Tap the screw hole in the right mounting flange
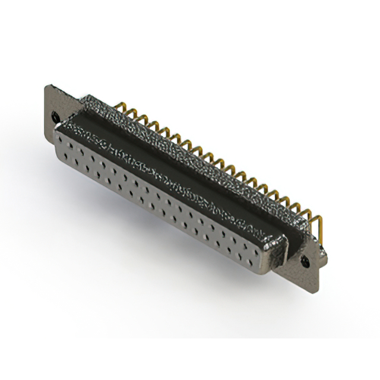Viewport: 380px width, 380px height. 307,260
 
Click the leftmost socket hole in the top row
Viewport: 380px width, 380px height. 66,141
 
